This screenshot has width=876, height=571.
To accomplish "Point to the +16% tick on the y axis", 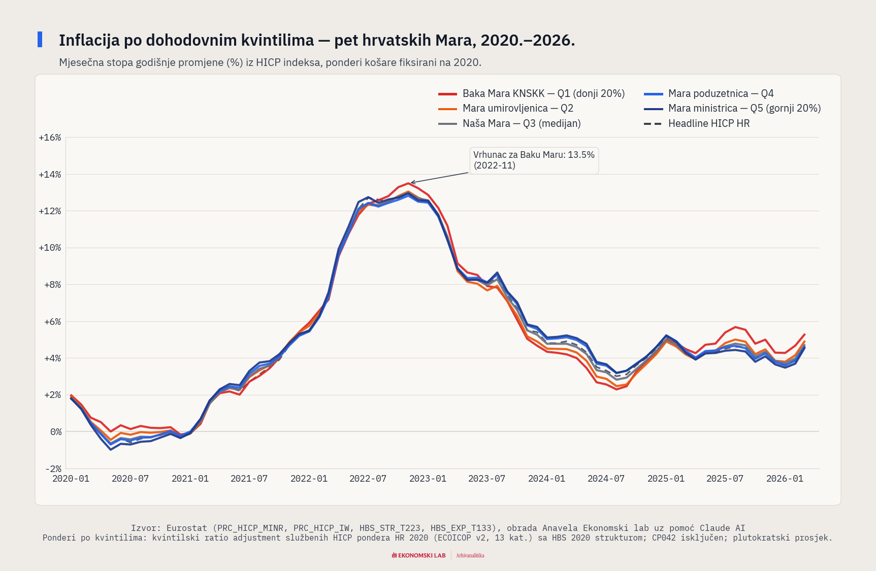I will (x=50, y=138).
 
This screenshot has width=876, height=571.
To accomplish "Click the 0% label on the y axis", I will (x=55, y=432).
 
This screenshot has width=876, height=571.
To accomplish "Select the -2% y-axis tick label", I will (x=51, y=468).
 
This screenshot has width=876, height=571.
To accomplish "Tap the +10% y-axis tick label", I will (x=50, y=248).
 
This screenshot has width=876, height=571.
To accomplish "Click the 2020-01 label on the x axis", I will (x=71, y=479).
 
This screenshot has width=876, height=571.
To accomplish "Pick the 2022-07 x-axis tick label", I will (x=368, y=479).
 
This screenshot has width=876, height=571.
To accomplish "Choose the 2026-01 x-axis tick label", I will (x=785, y=479).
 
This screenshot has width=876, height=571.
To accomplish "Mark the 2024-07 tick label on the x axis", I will (x=606, y=479).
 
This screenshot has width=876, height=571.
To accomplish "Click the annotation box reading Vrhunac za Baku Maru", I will (x=534, y=160).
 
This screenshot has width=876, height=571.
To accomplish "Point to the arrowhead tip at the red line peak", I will (x=411, y=183).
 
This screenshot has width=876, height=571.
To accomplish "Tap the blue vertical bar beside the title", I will (x=40, y=40).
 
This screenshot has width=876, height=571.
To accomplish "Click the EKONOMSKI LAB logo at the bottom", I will (x=418, y=555).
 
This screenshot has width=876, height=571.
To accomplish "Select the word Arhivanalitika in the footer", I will (x=470, y=555).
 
